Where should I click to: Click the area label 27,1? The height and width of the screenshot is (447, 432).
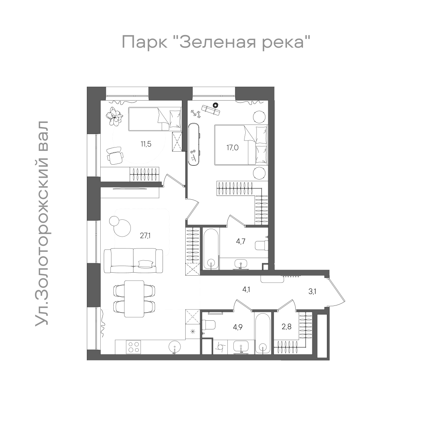(146, 235)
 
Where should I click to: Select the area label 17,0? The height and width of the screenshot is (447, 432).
(232, 148)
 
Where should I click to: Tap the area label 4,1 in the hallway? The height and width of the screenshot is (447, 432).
(246, 289)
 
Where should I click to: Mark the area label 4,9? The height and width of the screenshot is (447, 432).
(237, 327)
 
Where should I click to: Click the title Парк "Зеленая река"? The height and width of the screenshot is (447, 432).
(216, 42)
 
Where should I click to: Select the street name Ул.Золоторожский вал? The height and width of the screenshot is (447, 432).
(42, 223)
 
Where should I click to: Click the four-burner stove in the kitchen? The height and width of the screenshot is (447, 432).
(134, 347)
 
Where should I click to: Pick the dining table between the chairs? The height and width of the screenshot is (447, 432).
(134, 298)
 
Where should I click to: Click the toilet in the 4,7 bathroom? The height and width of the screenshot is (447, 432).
(261, 245)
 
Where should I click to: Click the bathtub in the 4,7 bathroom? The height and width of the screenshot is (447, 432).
(211, 248)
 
